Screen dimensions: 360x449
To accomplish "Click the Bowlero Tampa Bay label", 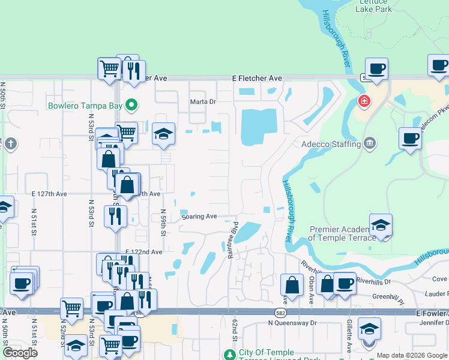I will click(86, 106).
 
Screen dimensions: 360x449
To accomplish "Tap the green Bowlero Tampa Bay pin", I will click(130, 106).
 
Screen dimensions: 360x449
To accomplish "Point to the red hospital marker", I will click(364, 101).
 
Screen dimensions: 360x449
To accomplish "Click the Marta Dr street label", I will click(203, 101).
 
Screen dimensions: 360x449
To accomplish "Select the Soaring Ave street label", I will click(199, 216).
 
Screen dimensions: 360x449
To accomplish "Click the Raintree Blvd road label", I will click(233, 239).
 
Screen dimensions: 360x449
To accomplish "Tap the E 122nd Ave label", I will click(144, 253).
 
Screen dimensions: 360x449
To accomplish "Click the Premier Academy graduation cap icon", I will click(381, 226).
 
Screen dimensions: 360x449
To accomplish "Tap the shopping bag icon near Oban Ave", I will click(292, 286).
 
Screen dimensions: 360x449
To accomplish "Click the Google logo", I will click(20, 353).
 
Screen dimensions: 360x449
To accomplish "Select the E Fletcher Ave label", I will click(257, 78).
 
